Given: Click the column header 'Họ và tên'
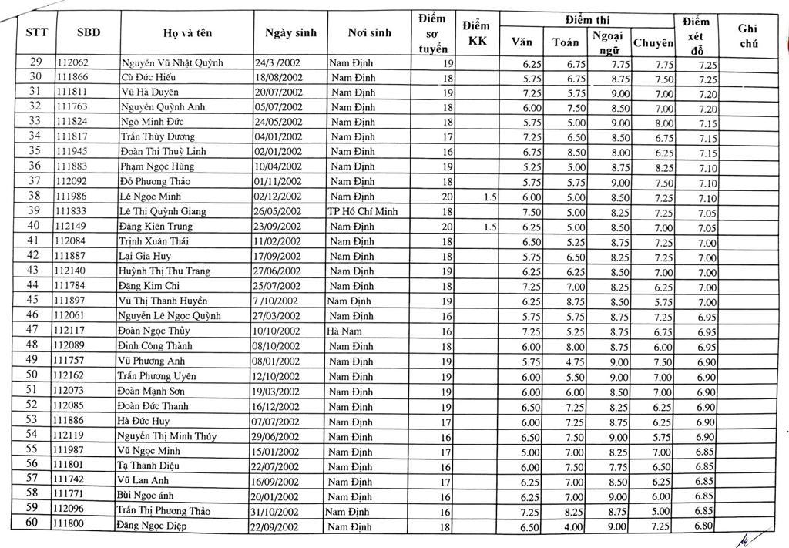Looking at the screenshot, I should click(187, 32).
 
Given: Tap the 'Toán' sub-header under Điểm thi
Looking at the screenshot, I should click(566, 42).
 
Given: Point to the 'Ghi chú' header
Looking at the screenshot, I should click(747, 35).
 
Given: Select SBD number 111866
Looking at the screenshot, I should click(72, 78).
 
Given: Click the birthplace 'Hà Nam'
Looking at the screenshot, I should click(344, 331).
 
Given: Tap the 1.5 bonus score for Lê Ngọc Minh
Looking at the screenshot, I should click(490, 197).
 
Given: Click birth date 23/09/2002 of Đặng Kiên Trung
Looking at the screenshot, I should click(277, 227).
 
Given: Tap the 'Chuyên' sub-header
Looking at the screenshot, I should click(653, 43).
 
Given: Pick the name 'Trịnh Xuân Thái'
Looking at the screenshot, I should click(154, 241).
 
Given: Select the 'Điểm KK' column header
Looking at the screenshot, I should click(477, 34).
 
